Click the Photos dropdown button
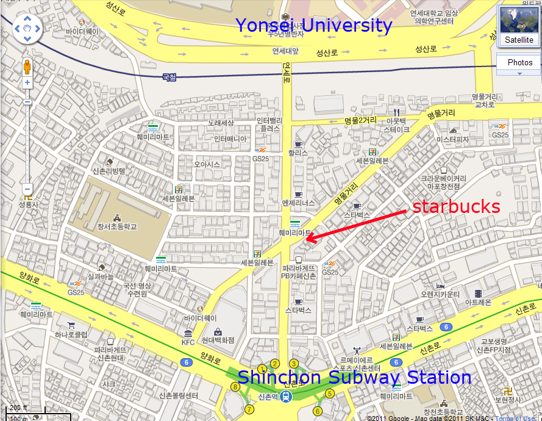tap(519, 63)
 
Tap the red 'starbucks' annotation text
tap(456, 206)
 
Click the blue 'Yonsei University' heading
tap(313, 26)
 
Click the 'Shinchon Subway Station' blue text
tap(354, 377)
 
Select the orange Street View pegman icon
tap(27, 67)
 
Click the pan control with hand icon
tap(27, 27)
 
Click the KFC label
tap(188, 342)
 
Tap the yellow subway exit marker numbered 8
tap(235, 386)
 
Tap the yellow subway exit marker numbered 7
tap(249, 409)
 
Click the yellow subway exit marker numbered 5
tap(330, 394)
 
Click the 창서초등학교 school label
tap(116, 226)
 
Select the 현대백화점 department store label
tap(218, 340)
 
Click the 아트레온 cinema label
tap(478, 301)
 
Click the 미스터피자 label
tap(452, 140)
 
